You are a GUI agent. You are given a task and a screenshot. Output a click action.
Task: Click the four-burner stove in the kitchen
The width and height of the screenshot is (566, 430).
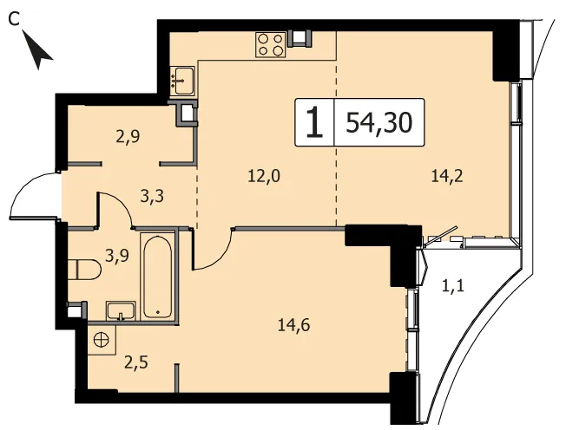pos(270,45)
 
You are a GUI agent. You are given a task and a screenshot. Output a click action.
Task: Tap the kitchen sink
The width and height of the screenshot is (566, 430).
pos(182,81)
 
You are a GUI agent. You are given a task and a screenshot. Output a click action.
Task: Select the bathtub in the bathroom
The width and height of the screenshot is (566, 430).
pos(157,276)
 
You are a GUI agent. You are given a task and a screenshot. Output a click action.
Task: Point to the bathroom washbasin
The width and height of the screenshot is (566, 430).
pos(121,311)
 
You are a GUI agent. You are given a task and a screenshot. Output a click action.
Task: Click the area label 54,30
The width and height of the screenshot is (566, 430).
pos(379,122)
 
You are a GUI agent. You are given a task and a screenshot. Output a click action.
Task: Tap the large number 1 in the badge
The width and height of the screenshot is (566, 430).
pos(314,122)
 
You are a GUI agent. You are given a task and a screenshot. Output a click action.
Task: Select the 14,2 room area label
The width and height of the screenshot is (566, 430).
pos(447,177)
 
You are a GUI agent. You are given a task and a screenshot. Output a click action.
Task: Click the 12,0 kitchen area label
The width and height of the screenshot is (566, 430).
pos(264,177)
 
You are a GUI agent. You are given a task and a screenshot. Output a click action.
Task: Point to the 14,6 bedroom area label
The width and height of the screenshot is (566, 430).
pos(294,325)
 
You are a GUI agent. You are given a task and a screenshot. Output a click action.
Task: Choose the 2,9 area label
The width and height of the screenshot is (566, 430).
pos(128,137)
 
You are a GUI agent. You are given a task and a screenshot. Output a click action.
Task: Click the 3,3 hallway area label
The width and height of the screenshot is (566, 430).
pos(152,197)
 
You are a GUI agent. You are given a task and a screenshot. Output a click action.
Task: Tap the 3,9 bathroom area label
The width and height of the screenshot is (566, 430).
pos(117,256)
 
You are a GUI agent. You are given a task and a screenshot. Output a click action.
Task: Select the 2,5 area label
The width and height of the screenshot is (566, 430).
pos(136,363)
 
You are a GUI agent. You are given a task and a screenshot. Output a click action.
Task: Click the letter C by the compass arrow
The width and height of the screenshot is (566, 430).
pos(14,19)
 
